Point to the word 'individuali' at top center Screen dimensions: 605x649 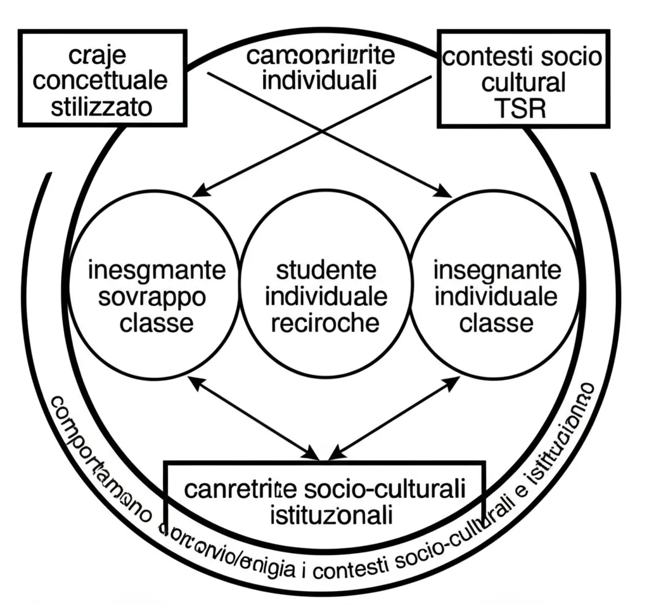point(320,81)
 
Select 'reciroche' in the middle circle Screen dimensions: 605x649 point(325,323)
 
